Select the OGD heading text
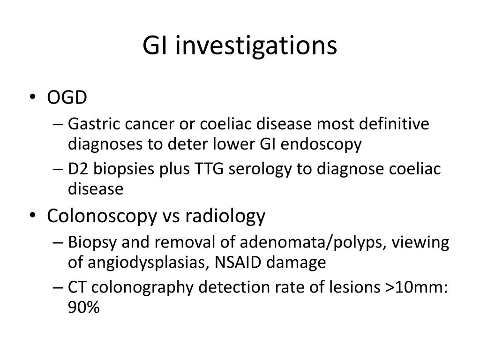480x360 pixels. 67,98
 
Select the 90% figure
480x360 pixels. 84,307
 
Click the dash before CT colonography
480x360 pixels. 58,287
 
